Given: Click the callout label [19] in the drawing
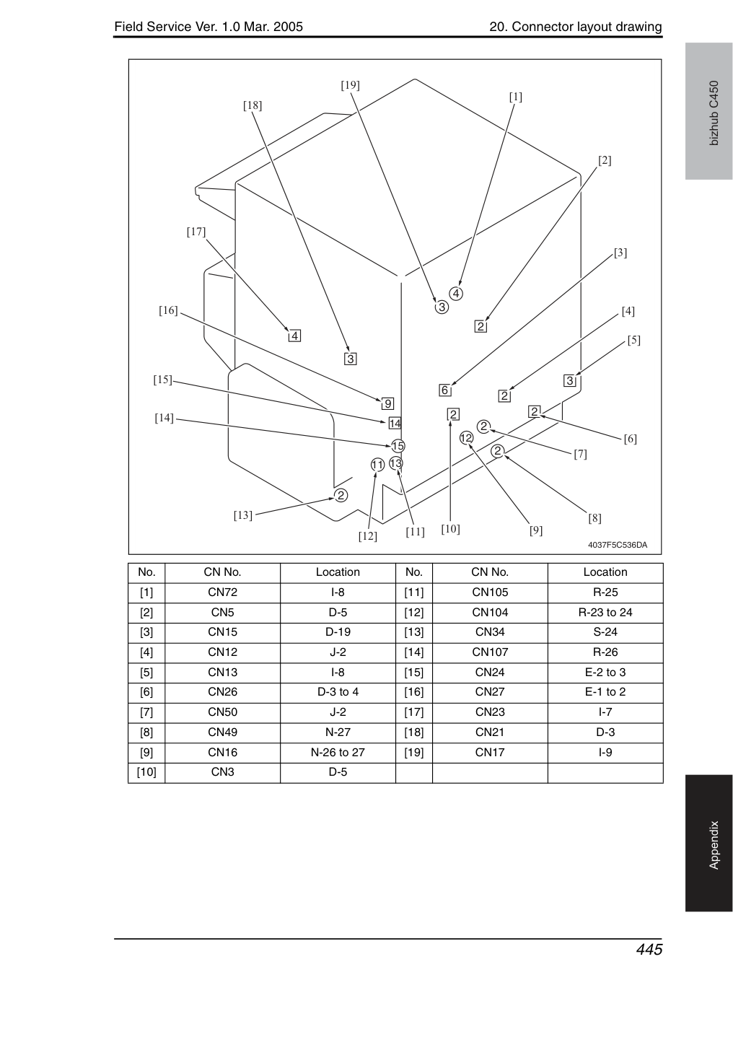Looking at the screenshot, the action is [350, 85].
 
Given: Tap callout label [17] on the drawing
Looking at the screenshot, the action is [196, 232].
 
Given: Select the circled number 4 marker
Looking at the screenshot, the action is [455, 294].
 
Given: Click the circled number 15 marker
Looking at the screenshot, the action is [398, 446].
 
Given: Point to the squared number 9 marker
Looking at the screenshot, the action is [387, 403].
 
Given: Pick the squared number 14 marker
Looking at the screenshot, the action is [395, 424].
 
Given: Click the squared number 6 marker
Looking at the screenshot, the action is [444, 390].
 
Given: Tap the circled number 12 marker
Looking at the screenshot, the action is [466, 438].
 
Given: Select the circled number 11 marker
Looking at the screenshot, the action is [377, 465].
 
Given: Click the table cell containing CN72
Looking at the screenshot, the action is [222, 592].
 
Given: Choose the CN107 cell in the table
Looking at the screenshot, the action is [490, 652].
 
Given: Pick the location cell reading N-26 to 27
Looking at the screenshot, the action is [338, 753].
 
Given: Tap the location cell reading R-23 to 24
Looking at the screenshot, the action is [605, 612].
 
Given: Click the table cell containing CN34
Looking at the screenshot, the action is [490, 632].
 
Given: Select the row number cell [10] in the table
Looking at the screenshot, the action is [146, 772].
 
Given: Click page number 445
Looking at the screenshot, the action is [649, 950].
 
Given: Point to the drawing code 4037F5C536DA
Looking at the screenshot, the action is [618, 545].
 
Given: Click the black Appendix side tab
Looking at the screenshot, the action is [708, 844].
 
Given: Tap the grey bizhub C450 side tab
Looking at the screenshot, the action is [708, 111].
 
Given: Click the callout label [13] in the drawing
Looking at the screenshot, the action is [243, 515].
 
